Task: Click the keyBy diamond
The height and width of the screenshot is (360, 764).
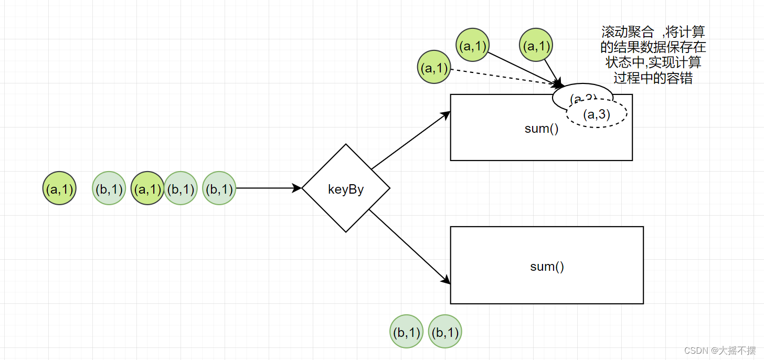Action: point(346,188)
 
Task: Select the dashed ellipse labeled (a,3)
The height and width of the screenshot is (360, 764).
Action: point(597,114)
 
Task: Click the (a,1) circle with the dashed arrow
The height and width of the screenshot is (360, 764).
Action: point(434,68)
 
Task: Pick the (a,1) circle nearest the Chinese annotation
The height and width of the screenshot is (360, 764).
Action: point(536,46)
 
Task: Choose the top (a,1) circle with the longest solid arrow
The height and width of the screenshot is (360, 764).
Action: point(473,46)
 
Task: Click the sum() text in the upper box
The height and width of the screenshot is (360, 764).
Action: point(542,129)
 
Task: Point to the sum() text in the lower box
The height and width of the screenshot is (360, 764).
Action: point(547,266)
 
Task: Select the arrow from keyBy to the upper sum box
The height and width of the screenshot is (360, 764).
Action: point(410,140)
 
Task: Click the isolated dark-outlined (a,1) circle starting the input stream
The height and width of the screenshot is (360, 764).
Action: point(60,188)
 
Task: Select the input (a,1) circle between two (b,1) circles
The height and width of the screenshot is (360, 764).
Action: point(147,188)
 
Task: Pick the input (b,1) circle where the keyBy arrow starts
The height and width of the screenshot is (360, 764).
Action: point(219,188)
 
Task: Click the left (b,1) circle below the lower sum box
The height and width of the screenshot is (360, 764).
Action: point(407,332)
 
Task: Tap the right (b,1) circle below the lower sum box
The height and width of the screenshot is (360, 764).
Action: point(445,332)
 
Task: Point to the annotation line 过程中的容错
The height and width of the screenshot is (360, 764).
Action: point(653,79)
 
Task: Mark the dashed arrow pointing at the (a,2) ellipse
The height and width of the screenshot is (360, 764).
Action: point(504,77)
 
